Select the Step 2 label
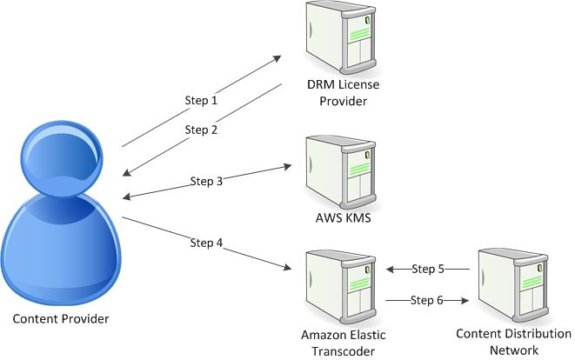click(x=201, y=130)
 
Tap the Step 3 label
click(x=206, y=182)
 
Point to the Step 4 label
click(x=206, y=242)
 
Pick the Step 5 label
click(x=428, y=269)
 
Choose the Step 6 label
click(x=428, y=300)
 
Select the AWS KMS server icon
click(x=341, y=170)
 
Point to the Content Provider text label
click(x=61, y=319)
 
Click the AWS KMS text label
click(x=341, y=218)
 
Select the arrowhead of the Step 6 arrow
click(x=465, y=300)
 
